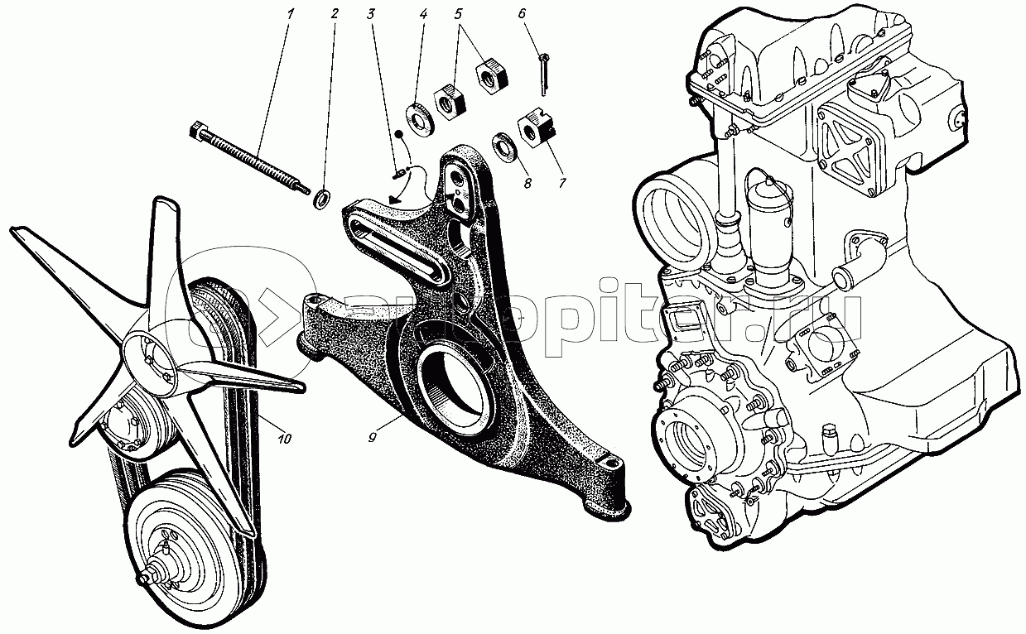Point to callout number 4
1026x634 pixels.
[x=423, y=14]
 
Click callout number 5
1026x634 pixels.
[x=457, y=14]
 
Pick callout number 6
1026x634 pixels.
[x=521, y=14]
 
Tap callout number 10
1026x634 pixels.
[x=285, y=439]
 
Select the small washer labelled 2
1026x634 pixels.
[x=322, y=199]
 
